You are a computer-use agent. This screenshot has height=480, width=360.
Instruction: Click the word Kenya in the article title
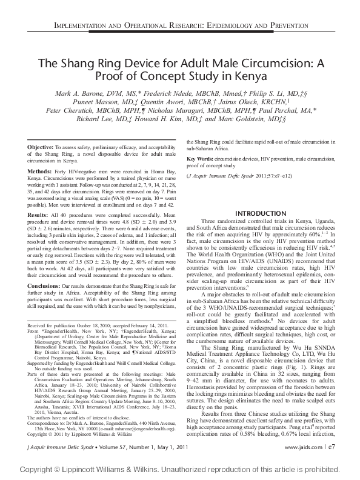tap(233, 77)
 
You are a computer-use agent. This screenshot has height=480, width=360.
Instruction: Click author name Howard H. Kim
tap(182, 119)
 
